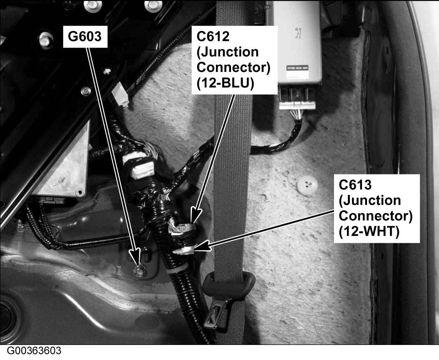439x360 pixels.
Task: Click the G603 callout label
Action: tap(85, 37)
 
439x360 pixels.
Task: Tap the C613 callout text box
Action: tap(375, 208)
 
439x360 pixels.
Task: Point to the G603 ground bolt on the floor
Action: tap(137, 271)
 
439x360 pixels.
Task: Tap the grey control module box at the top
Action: tap(297, 42)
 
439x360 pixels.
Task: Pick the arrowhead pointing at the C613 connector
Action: tap(200, 248)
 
